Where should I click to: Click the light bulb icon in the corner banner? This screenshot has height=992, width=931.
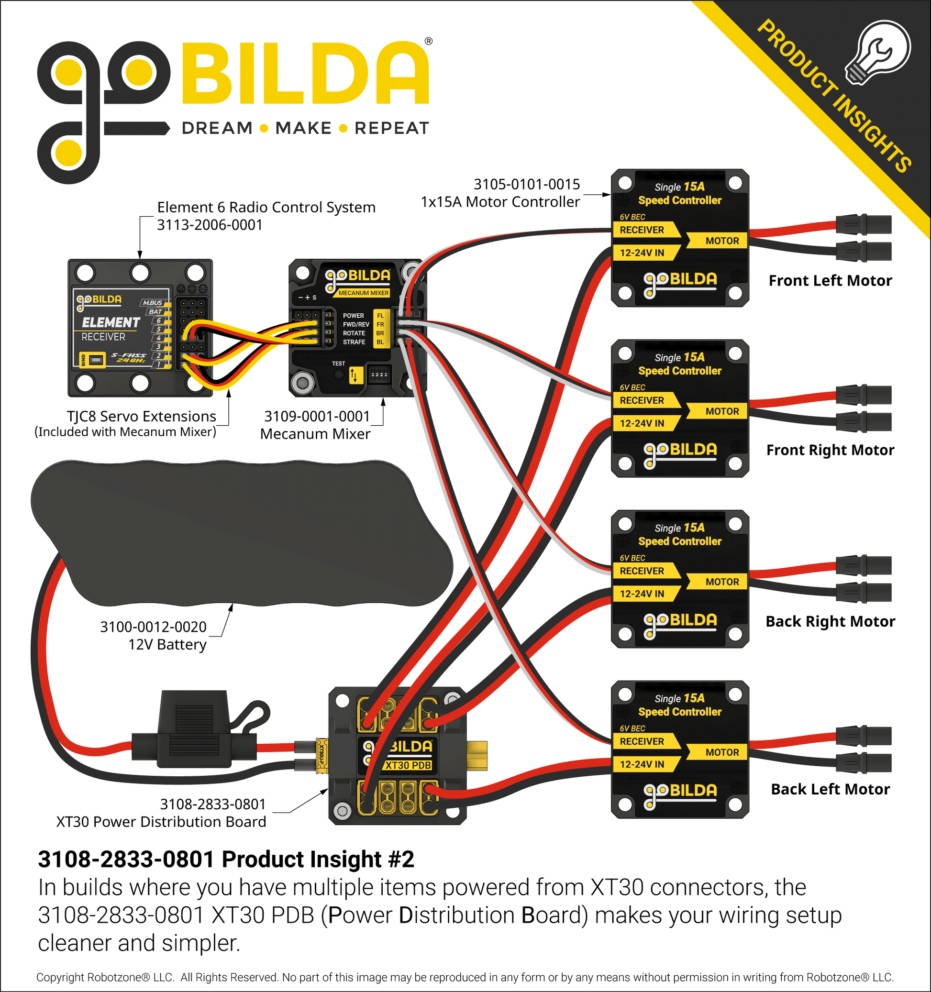pos(878,53)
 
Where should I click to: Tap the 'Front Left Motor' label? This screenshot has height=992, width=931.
pos(830,280)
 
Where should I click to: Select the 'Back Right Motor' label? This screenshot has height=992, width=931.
pos(830,621)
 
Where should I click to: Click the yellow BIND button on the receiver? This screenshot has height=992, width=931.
pos(96,360)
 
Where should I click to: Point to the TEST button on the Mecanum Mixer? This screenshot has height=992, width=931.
pos(338,374)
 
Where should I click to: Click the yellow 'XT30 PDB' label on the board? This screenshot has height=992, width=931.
pos(408,765)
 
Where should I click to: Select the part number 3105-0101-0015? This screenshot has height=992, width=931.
pos(526,185)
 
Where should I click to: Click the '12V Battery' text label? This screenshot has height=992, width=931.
pos(167,645)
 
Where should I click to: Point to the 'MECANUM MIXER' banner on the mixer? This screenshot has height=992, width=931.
pos(363,293)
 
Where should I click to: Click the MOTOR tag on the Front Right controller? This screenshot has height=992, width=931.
pos(721,411)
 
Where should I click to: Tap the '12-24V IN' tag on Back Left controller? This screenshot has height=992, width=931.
pos(642,764)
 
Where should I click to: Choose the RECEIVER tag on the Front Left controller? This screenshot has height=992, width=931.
pos(642,230)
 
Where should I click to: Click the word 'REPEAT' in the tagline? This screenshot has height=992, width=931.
pos(391,128)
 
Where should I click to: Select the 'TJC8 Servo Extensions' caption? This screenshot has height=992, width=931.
pos(141,416)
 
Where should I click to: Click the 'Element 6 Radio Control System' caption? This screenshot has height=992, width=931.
pos(266,207)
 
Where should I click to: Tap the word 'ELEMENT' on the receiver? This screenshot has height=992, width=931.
pos(111,322)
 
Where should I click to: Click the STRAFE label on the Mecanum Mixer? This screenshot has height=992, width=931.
pos(354,342)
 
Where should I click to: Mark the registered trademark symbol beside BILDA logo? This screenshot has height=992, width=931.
pos(428,42)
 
